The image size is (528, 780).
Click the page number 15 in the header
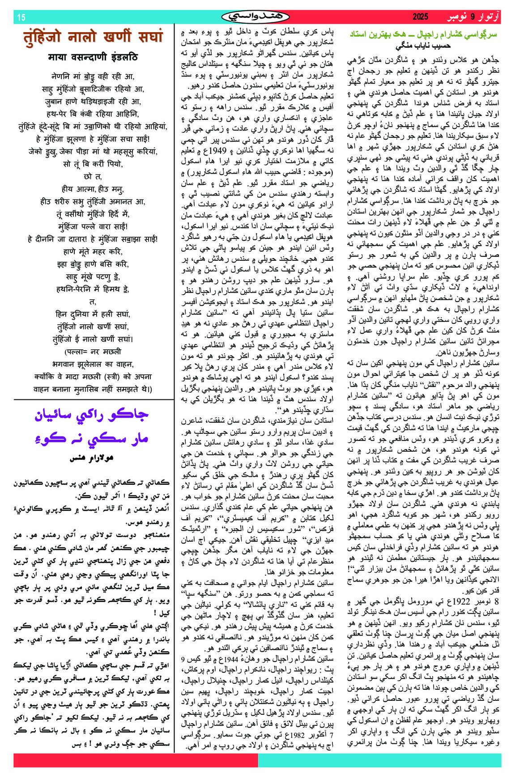click(21, 17)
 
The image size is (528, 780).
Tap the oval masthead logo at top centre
click(255, 17)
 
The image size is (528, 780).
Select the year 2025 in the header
click(420, 17)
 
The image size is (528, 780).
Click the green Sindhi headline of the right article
click(423, 34)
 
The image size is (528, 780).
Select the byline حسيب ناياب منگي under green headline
click(423, 46)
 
